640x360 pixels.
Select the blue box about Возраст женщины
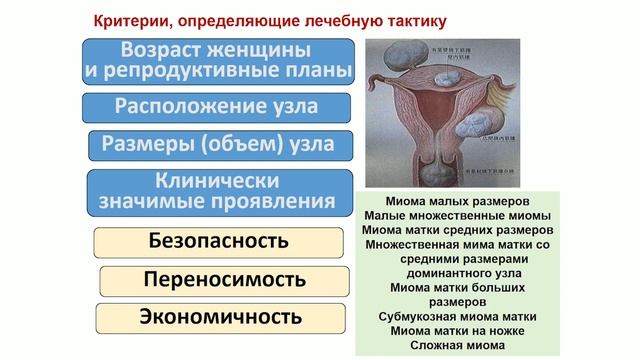point(219,61)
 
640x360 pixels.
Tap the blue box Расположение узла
point(219,105)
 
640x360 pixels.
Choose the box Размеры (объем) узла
point(219,146)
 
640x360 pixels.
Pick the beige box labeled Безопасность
point(219,241)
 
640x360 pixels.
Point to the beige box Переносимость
point(219,279)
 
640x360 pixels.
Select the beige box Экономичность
point(219,317)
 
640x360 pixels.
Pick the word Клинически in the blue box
point(218,181)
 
